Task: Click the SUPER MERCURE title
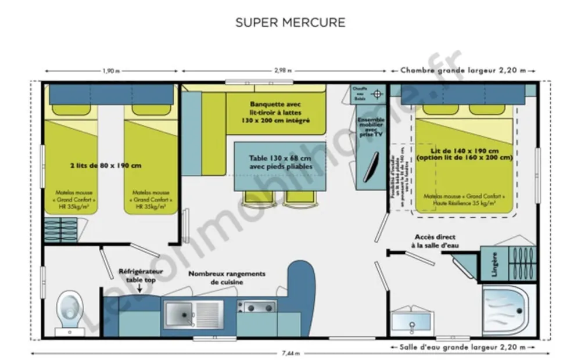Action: click(290, 23)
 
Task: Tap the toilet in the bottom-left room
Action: click(70, 306)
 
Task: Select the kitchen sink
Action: click(180, 313)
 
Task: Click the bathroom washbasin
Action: click(412, 320)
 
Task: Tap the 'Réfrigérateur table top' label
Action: click(141, 275)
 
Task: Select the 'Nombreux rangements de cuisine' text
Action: click(227, 278)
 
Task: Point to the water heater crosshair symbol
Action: click(378, 94)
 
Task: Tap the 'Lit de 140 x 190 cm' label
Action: click(464, 153)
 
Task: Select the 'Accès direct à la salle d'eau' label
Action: click(435, 241)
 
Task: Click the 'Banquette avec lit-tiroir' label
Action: click(275, 112)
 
